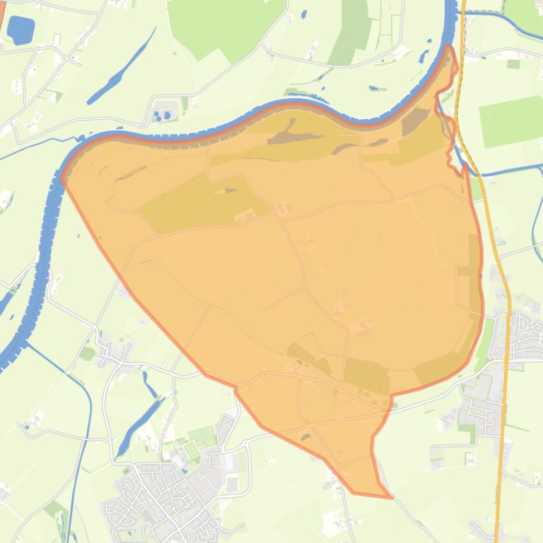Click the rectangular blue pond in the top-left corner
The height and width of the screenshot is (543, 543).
[20, 30]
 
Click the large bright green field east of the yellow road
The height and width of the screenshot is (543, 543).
[511, 119]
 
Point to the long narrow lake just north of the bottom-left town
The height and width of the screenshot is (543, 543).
[141, 423]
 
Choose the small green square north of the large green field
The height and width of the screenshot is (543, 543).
[513, 64]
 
